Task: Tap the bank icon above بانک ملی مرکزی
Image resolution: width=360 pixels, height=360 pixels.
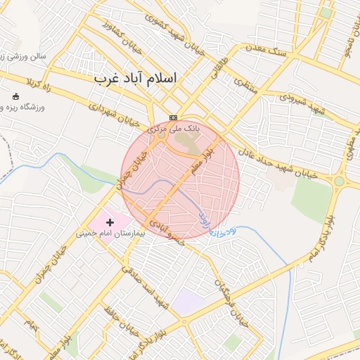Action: [174, 117]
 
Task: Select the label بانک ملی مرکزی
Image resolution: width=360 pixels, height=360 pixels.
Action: [174, 129]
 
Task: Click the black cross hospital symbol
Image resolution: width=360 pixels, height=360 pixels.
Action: [110, 222]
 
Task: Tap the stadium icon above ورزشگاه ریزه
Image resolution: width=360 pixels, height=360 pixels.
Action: [17, 96]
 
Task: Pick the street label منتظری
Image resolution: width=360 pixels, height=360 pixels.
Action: [245, 82]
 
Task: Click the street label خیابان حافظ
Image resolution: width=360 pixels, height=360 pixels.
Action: [123, 322]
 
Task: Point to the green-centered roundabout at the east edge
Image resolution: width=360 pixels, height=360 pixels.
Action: [340, 181]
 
